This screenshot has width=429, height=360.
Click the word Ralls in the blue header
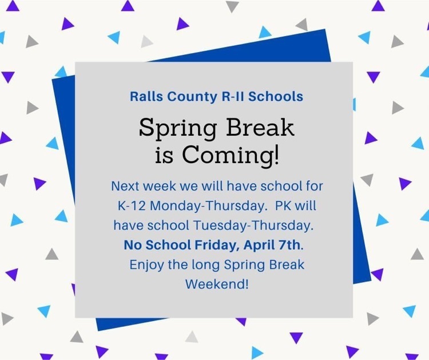click(x=146, y=96)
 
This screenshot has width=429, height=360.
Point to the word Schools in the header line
click(x=276, y=96)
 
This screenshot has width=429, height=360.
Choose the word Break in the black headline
click(x=260, y=127)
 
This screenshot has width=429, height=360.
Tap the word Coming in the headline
click(x=227, y=156)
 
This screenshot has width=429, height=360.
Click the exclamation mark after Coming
click(x=277, y=154)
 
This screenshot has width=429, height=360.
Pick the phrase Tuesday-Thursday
click(x=253, y=226)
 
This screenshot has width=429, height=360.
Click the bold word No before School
click(x=133, y=245)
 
